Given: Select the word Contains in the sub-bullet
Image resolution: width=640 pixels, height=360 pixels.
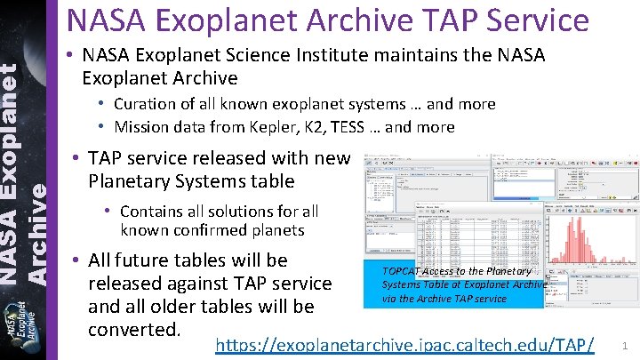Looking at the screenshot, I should [x=150, y=212].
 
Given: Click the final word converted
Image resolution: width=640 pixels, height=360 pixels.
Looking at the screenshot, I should [x=135, y=330].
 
